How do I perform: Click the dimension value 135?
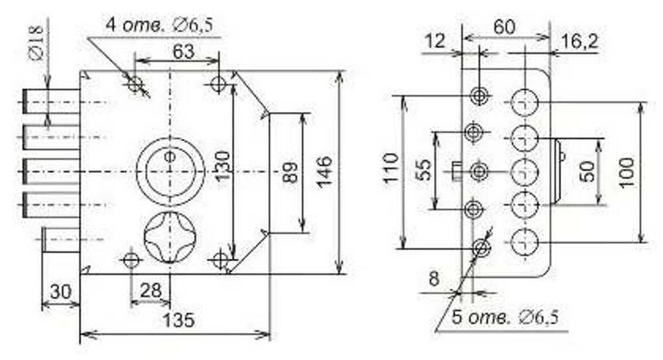click(178, 320)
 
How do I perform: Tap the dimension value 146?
click(324, 171)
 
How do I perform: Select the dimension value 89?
click(290, 172)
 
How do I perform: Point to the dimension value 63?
click(184, 52)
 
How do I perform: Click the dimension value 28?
click(151, 290)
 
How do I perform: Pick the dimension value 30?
click(60, 292)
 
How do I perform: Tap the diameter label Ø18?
click(36, 42)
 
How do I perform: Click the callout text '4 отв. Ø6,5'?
click(159, 25)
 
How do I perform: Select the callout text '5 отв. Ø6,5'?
click(505, 317)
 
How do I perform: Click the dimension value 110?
click(391, 168)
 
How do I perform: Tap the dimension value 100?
click(627, 172)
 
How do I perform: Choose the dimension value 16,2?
click(579, 42)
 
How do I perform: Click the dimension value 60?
click(505, 27)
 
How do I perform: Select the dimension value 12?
click(435, 41)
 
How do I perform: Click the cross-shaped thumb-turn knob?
click(170, 237)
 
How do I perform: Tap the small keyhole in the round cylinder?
click(170, 156)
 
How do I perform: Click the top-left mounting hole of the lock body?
click(135, 84)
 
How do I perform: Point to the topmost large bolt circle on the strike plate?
click(524, 102)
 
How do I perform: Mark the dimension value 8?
click(434, 279)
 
